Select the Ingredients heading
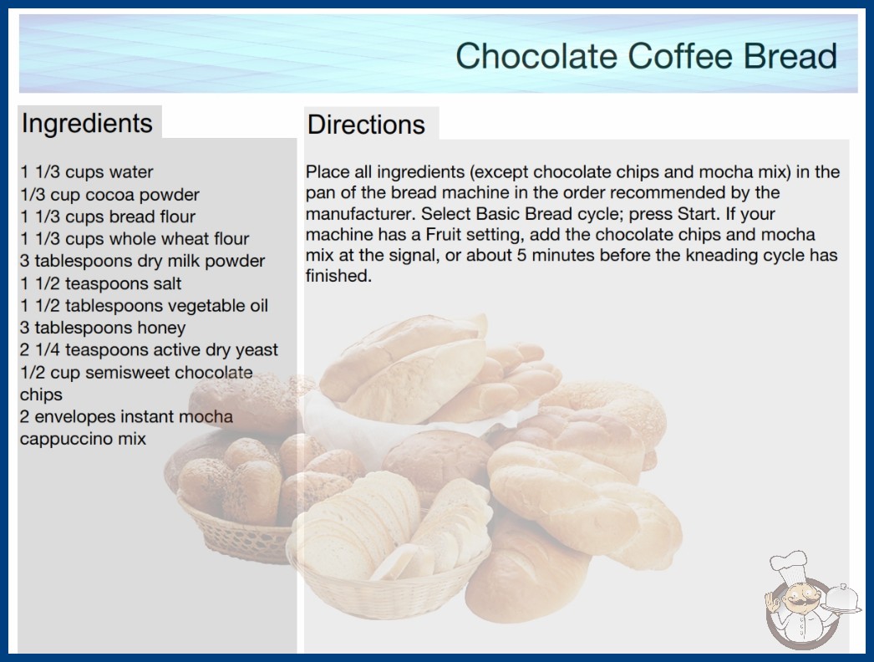click(x=87, y=123)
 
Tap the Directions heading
click(x=366, y=125)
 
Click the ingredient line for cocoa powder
click(x=109, y=195)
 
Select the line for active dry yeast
click(x=149, y=350)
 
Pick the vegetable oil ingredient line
click(x=144, y=306)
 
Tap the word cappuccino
click(x=66, y=439)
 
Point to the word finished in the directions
click(x=338, y=276)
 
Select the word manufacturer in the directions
click(x=361, y=214)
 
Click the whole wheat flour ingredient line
click(x=135, y=239)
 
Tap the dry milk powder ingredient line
click(x=142, y=261)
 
